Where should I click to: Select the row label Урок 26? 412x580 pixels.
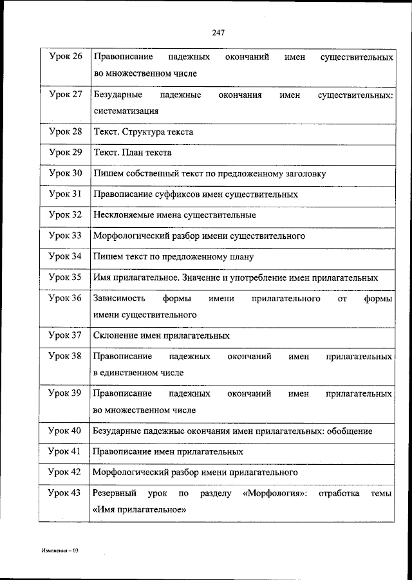pos(65,57)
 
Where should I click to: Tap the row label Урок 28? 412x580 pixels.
pos(65,131)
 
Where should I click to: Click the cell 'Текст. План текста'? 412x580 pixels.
pos(132,153)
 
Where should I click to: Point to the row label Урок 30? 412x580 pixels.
pos(65,173)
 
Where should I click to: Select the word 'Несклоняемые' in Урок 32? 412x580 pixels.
pos(124,214)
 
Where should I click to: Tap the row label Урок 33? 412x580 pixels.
pos(65,236)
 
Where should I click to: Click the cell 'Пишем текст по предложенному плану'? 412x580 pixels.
pos(173,256)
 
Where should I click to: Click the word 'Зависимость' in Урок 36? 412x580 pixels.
pos(118,299)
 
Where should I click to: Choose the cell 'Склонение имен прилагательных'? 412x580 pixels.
pos(161,335)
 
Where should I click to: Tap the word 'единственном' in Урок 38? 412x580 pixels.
pos(126,372)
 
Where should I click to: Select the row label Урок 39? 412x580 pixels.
pos(65,393)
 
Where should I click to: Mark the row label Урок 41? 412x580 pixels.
pos(65,451)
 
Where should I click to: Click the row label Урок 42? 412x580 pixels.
pos(65,472)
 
